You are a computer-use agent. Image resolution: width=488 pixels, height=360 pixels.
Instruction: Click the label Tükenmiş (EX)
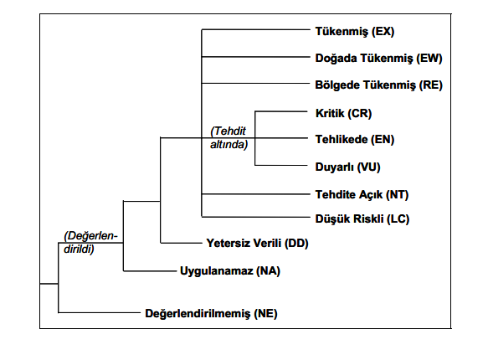click(x=355, y=32)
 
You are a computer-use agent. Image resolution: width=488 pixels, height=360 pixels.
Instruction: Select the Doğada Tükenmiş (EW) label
click(x=378, y=58)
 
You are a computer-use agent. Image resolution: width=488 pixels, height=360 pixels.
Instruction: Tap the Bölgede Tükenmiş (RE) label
click(x=378, y=85)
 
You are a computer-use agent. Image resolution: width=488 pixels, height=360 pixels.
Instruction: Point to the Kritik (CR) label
click(x=343, y=113)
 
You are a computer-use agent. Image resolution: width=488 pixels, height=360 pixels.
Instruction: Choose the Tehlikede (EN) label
click(x=355, y=139)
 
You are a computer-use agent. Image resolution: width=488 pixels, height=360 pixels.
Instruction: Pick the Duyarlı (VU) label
click(x=347, y=167)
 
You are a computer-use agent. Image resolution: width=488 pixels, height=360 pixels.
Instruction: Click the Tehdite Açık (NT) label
click(x=362, y=195)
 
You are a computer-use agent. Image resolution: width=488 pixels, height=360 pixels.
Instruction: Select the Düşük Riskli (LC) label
click(x=362, y=219)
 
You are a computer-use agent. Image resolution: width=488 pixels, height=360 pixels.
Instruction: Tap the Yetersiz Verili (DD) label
click(x=257, y=243)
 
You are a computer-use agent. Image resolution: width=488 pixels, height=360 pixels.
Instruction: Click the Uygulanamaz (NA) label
click(x=230, y=270)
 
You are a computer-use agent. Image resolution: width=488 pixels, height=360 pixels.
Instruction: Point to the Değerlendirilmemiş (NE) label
click(x=211, y=313)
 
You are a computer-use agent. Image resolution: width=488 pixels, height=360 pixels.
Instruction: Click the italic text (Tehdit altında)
click(x=229, y=138)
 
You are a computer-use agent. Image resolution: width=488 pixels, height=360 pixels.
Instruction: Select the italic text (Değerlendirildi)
click(x=90, y=243)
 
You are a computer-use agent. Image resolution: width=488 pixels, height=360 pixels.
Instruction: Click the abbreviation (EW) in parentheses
click(x=429, y=58)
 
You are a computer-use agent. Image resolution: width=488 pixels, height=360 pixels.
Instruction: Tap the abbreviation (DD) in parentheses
click(x=296, y=243)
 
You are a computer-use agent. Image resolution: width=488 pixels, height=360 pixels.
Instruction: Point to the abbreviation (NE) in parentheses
click(x=265, y=313)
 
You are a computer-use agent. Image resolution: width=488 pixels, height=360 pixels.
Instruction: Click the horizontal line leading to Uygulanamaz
click(x=150, y=271)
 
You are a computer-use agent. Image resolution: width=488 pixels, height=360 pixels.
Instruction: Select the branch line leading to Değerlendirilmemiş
click(x=100, y=312)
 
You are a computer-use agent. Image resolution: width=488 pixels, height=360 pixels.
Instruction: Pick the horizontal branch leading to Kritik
click(x=281, y=111)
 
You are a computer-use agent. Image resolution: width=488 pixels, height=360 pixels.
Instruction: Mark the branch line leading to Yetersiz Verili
click(x=181, y=243)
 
